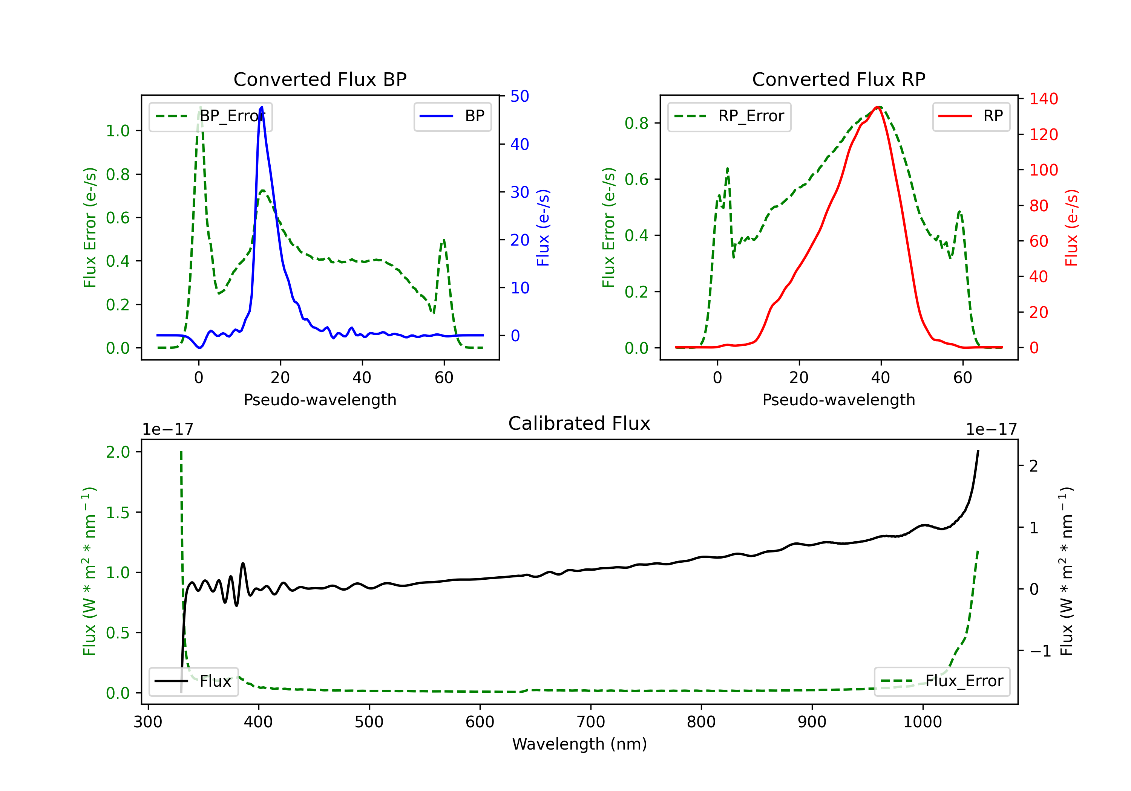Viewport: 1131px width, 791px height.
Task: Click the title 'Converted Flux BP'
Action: tap(320, 79)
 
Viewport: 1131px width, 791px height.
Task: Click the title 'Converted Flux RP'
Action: tap(839, 79)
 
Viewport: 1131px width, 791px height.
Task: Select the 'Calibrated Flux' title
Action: tap(579, 423)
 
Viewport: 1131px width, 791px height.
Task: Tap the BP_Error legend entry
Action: tap(210, 116)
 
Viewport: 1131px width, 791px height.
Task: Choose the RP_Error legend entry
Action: tap(729, 116)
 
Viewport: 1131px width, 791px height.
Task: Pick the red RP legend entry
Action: tap(971, 116)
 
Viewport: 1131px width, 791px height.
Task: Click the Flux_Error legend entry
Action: tap(942, 681)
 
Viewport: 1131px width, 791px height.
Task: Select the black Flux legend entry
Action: tap(193, 681)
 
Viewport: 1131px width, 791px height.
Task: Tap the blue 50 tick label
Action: tap(520, 96)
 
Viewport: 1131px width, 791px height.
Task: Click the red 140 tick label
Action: tap(1044, 99)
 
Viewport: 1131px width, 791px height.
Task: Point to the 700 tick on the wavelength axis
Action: tap(591, 722)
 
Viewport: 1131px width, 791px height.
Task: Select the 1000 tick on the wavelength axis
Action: tap(923, 722)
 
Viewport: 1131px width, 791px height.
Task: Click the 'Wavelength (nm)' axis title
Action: tap(579, 744)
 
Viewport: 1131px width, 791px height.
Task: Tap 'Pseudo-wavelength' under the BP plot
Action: tap(320, 400)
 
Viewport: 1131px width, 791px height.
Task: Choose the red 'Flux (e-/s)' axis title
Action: tap(1071, 228)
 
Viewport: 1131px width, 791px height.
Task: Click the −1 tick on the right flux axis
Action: tap(1040, 651)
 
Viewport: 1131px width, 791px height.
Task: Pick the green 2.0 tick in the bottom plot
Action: tap(118, 452)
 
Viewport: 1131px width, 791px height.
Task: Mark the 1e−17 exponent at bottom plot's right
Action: tap(992, 430)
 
